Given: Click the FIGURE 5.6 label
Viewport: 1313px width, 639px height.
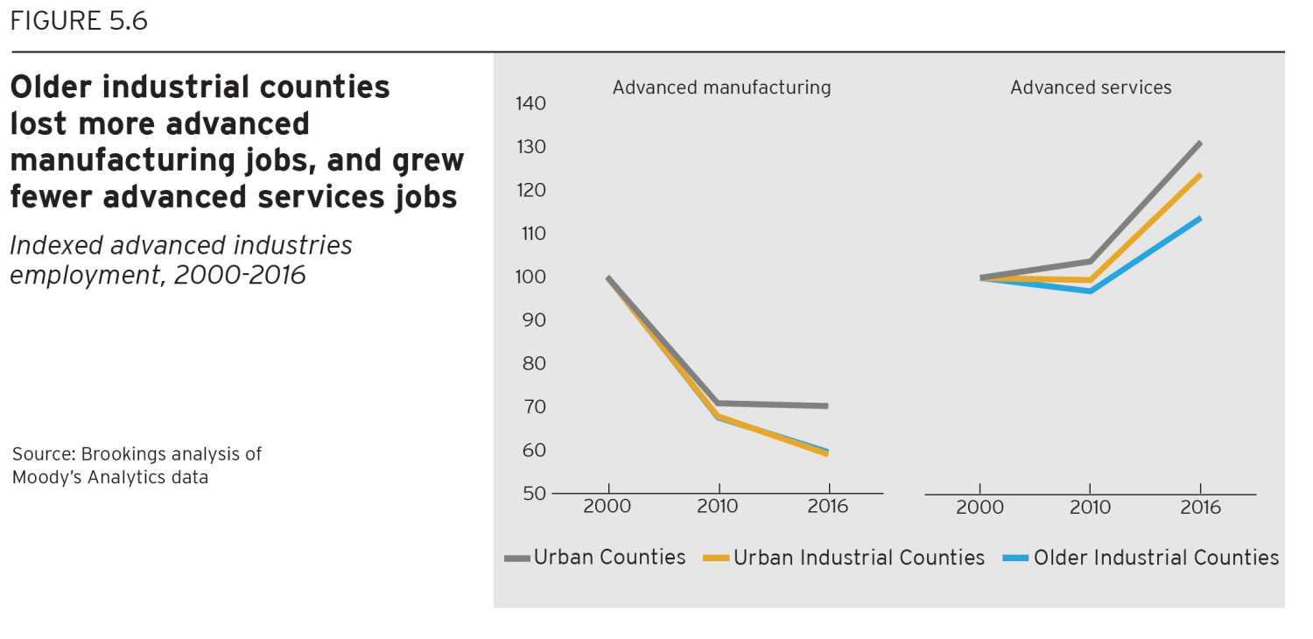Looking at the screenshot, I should point(79,21).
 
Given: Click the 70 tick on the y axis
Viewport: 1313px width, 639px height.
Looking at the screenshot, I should point(530,407).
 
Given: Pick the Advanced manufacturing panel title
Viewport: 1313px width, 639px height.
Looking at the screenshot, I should point(721,88).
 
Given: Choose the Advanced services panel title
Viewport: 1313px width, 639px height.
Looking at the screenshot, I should point(1091,88).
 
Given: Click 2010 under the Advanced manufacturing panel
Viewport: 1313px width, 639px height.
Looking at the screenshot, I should point(718,507).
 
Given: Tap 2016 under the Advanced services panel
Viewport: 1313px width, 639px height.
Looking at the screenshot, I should point(1200,508).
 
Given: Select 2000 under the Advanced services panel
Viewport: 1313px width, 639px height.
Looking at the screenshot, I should point(979,508).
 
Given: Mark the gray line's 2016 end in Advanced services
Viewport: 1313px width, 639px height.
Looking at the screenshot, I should point(1200,143).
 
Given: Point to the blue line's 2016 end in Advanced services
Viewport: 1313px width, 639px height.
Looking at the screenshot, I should point(1200,218).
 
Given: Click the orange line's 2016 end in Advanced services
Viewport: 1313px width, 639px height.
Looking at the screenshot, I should point(1200,175).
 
